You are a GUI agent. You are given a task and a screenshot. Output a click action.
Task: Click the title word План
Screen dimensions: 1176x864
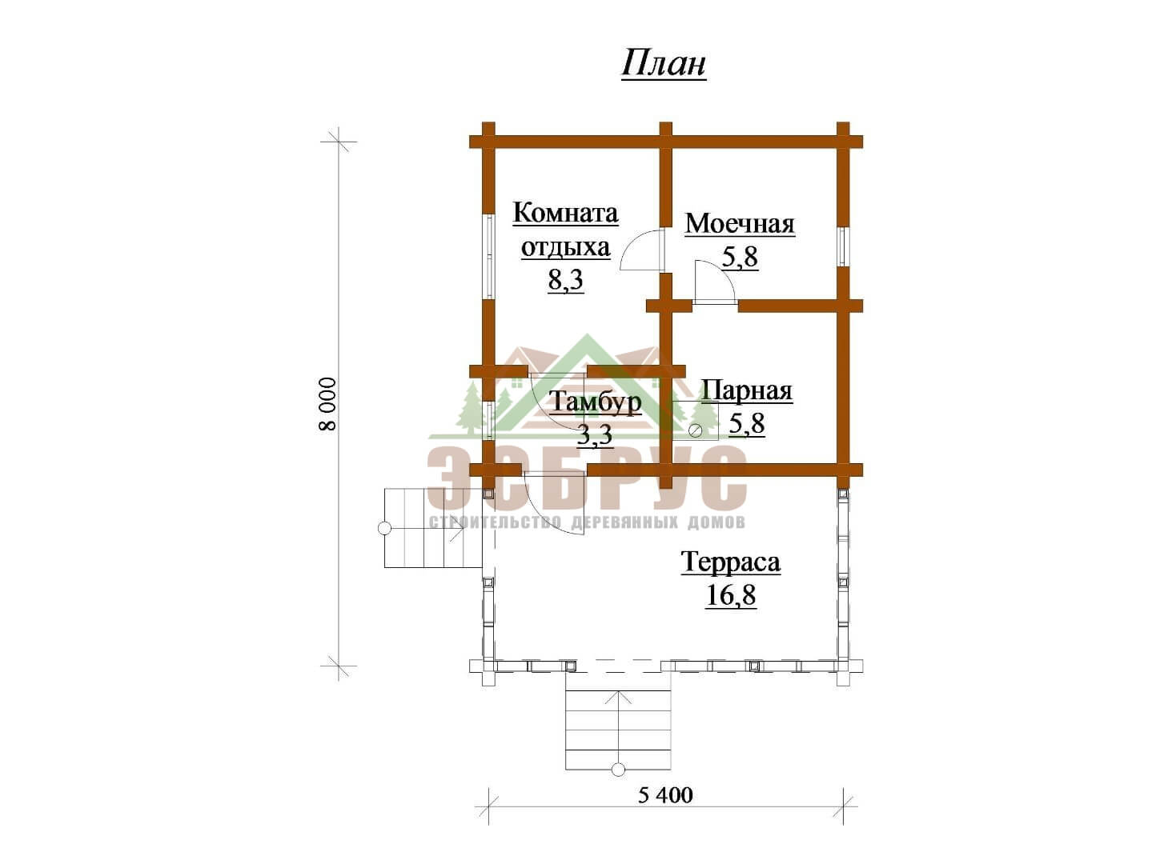[x=664, y=65]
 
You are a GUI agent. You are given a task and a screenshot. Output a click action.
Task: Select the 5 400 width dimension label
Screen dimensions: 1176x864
[x=666, y=810]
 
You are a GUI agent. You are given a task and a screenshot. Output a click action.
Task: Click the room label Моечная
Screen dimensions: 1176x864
[x=740, y=224]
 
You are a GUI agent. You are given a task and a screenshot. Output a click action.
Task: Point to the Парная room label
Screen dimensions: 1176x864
[x=747, y=391]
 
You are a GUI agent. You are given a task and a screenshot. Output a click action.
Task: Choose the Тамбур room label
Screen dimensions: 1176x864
[x=596, y=402]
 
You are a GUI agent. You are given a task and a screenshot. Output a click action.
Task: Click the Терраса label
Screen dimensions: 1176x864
[x=731, y=562]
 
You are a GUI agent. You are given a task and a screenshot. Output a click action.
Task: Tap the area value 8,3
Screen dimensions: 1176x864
[x=565, y=281]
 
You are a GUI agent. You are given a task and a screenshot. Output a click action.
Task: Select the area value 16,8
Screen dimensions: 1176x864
[x=731, y=595]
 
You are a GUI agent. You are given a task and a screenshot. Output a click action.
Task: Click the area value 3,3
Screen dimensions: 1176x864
[x=595, y=435]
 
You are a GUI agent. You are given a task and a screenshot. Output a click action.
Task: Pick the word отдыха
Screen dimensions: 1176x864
[x=565, y=248]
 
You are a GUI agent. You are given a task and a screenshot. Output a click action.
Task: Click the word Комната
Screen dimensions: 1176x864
[x=565, y=213]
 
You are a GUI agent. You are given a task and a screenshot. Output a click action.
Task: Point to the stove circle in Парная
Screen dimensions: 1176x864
[x=696, y=430]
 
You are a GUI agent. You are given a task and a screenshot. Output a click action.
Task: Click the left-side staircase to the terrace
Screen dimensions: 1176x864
[x=434, y=528]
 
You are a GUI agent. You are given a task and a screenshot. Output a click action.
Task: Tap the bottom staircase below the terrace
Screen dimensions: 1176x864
[x=619, y=729]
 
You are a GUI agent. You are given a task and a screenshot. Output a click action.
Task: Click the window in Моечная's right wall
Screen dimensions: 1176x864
[x=843, y=246]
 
